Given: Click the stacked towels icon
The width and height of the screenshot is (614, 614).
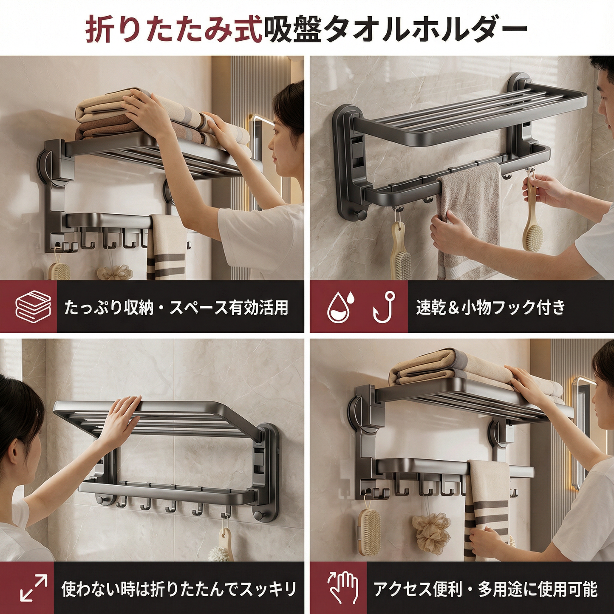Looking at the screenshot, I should click(x=33, y=307).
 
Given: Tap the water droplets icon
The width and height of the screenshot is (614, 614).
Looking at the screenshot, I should click(x=341, y=306).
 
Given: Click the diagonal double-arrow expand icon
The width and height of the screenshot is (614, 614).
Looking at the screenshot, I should click(x=34, y=588).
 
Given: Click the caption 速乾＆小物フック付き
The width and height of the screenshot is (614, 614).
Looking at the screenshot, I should click(x=491, y=307).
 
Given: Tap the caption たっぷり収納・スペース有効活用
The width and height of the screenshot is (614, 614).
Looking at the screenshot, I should click(x=176, y=307).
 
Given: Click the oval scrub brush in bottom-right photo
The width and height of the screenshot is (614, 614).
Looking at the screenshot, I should click(x=369, y=531).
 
